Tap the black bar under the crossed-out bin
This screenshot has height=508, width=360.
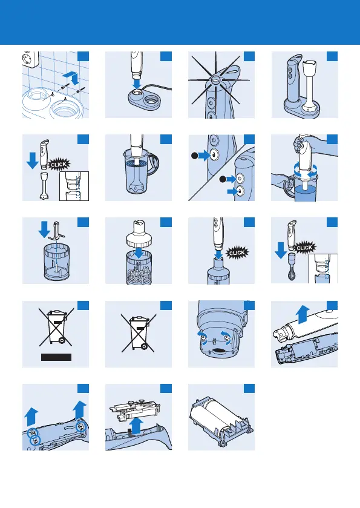click(x=56, y=357)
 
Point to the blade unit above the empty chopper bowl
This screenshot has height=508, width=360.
click(x=56, y=230)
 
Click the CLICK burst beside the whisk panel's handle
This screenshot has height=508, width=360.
click(x=304, y=248)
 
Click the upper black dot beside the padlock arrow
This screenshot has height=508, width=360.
click(x=195, y=156)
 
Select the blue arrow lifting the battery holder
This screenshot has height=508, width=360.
click(x=137, y=425)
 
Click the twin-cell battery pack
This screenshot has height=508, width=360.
click(x=221, y=417)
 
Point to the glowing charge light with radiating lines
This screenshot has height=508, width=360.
click(x=216, y=79)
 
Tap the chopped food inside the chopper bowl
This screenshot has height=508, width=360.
click(x=139, y=274)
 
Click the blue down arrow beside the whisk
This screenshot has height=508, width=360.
click(x=280, y=251)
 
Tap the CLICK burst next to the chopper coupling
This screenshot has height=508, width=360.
click(x=237, y=252)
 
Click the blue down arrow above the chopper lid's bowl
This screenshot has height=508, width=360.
click(x=139, y=253)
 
